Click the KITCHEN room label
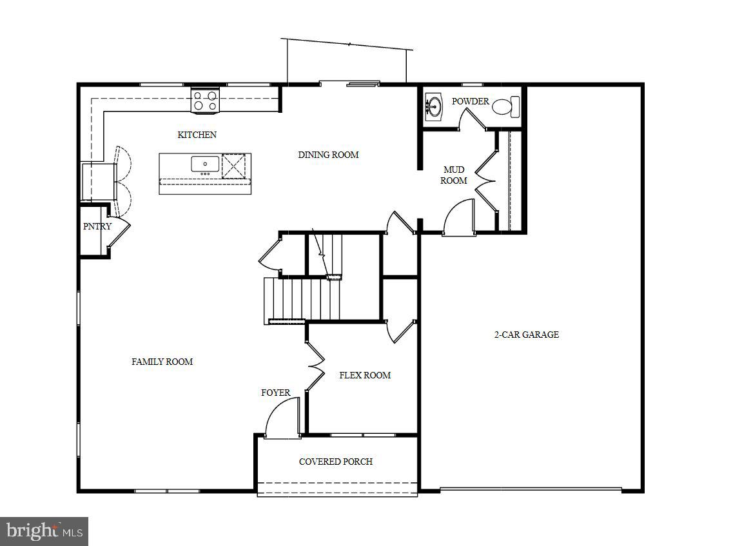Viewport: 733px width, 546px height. (197, 135)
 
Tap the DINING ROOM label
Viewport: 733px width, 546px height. (328, 155)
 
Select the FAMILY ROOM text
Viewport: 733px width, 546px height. (162, 362)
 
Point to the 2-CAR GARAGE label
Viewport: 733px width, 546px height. (526, 335)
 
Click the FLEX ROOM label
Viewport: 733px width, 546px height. (365, 375)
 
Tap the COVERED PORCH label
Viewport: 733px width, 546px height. (335, 462)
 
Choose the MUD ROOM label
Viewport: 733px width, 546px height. (454, 175)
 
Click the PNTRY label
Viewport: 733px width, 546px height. (97, 226)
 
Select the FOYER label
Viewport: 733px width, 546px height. (275, 393)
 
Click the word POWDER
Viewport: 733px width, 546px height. (470, 101)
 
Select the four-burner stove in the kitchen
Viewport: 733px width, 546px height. (206, 101)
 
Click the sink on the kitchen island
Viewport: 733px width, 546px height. (205, 164)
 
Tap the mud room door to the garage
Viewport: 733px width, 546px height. (459, 218)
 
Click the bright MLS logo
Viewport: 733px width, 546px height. (43, 531)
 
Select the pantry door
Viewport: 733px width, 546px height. (120, 231)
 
